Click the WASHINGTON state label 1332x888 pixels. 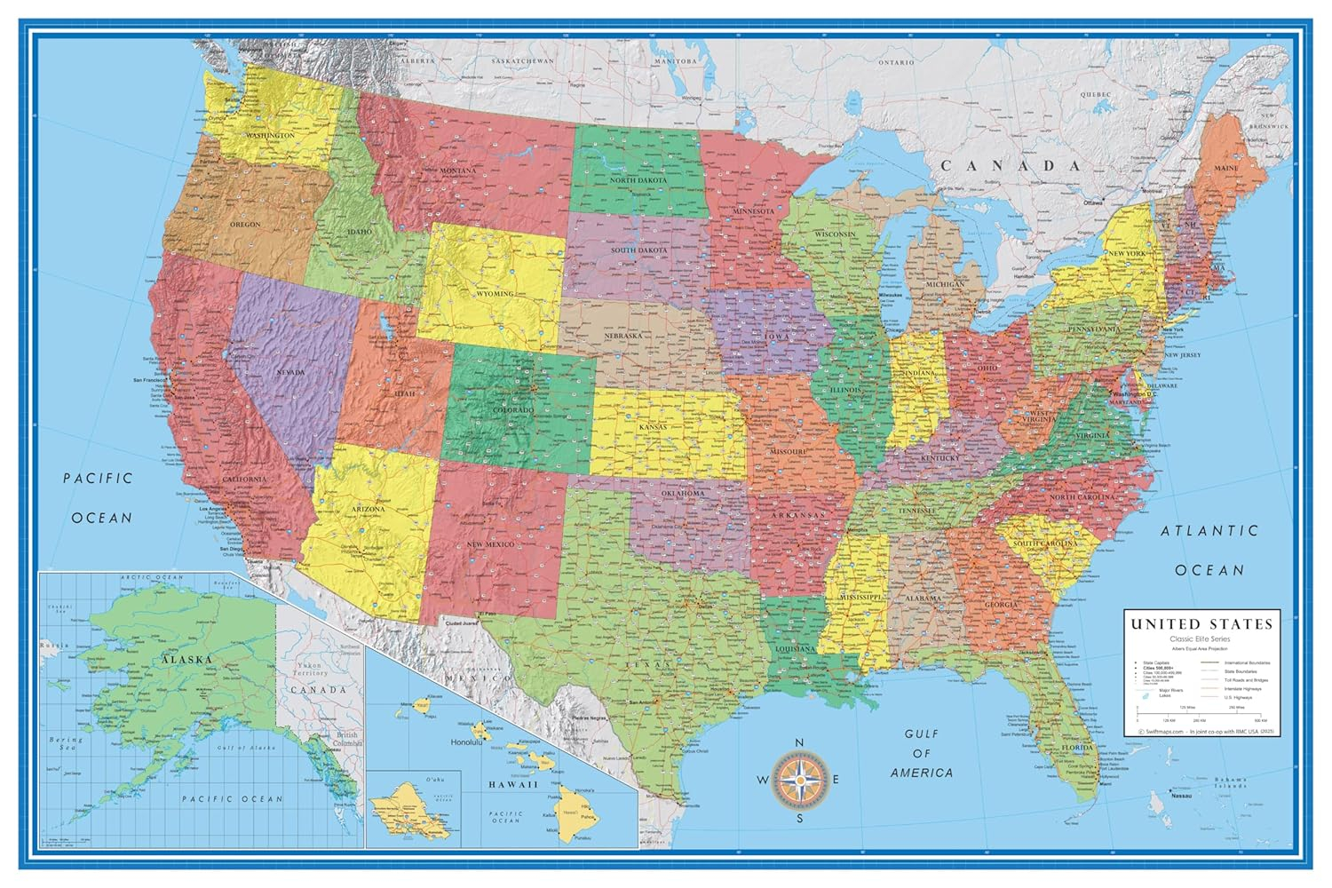270,136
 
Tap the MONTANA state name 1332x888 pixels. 457,170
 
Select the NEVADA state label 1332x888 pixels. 290,372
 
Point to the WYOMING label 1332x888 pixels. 495,294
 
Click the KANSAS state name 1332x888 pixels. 653,427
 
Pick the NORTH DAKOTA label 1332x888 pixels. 638,180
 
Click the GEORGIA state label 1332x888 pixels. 1002,605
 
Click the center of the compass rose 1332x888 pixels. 798,780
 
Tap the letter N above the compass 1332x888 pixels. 798,743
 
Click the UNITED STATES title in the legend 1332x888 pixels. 1201,624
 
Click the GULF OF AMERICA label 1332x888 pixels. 921,753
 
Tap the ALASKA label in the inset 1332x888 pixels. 186,660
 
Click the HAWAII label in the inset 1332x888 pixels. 513,785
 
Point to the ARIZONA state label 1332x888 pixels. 368,509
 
